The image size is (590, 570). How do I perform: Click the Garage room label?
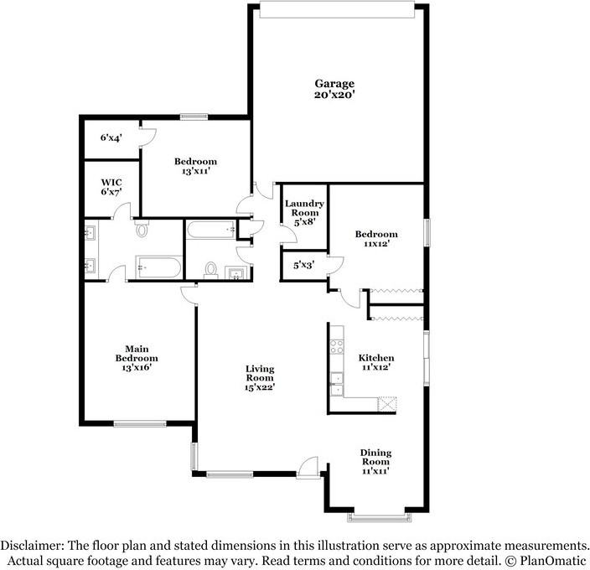click(x=334, y=83)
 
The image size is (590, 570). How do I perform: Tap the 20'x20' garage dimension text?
click(x=334, y=95)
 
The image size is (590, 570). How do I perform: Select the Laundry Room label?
click(x=304, y=209)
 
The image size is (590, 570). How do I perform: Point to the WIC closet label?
click(x=111, y=181)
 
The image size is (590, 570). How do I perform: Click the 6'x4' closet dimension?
click(x=111, y=137)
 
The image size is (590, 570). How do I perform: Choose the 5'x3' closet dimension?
click(x=303, y=265)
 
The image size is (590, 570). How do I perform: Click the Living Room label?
click(x=260, y=373)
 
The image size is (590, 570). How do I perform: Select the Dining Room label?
click(x=375, y=458)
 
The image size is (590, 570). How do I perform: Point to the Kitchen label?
click(x=376, y=357)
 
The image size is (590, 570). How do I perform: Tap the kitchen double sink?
click(x=336, y=383)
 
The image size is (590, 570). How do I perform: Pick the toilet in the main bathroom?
click(x=142, y=229)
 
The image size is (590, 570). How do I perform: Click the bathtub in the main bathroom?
click(x=158, y=269)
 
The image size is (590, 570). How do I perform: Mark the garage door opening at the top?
click(x=337, y=8)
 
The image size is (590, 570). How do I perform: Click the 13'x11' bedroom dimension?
click(x=195, y=171)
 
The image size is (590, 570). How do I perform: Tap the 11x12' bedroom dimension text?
click(x=375, y=244)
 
